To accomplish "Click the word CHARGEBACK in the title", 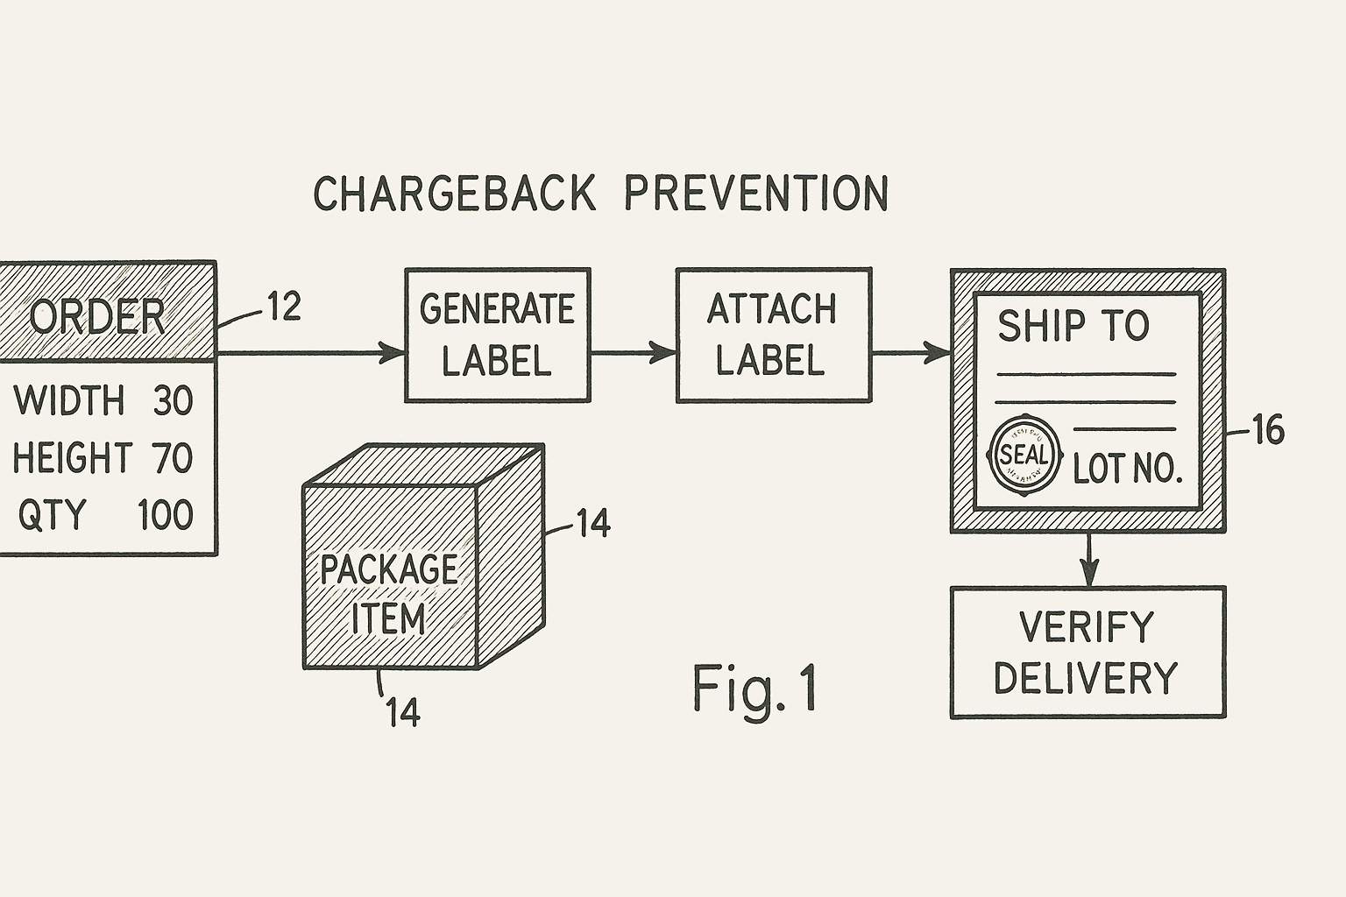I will tap(455, 193).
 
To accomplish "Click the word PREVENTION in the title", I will tap(757, 193).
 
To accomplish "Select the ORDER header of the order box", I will tap(96, 315).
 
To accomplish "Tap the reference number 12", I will tap(283, 307).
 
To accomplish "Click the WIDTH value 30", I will tap(172, 400).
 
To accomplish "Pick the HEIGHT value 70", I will tap(172, 458).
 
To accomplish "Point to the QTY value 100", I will tap(165, 514).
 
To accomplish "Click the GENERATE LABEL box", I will tap(497, 335).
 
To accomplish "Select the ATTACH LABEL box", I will tap(773, 335).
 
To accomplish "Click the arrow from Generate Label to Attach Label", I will tap(633, 353).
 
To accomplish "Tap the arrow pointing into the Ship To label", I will tap(911, 353).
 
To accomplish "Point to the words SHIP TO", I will tap(1073, 326).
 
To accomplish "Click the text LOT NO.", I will tap(1128, 470).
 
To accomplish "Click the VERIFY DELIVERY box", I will tap(1087, 653).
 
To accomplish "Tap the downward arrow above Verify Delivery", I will tap(1088, 561).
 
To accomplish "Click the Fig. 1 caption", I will tap(755, 688).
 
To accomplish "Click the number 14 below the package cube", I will tap(403, 713).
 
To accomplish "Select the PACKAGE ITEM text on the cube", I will tap(388, 594).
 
